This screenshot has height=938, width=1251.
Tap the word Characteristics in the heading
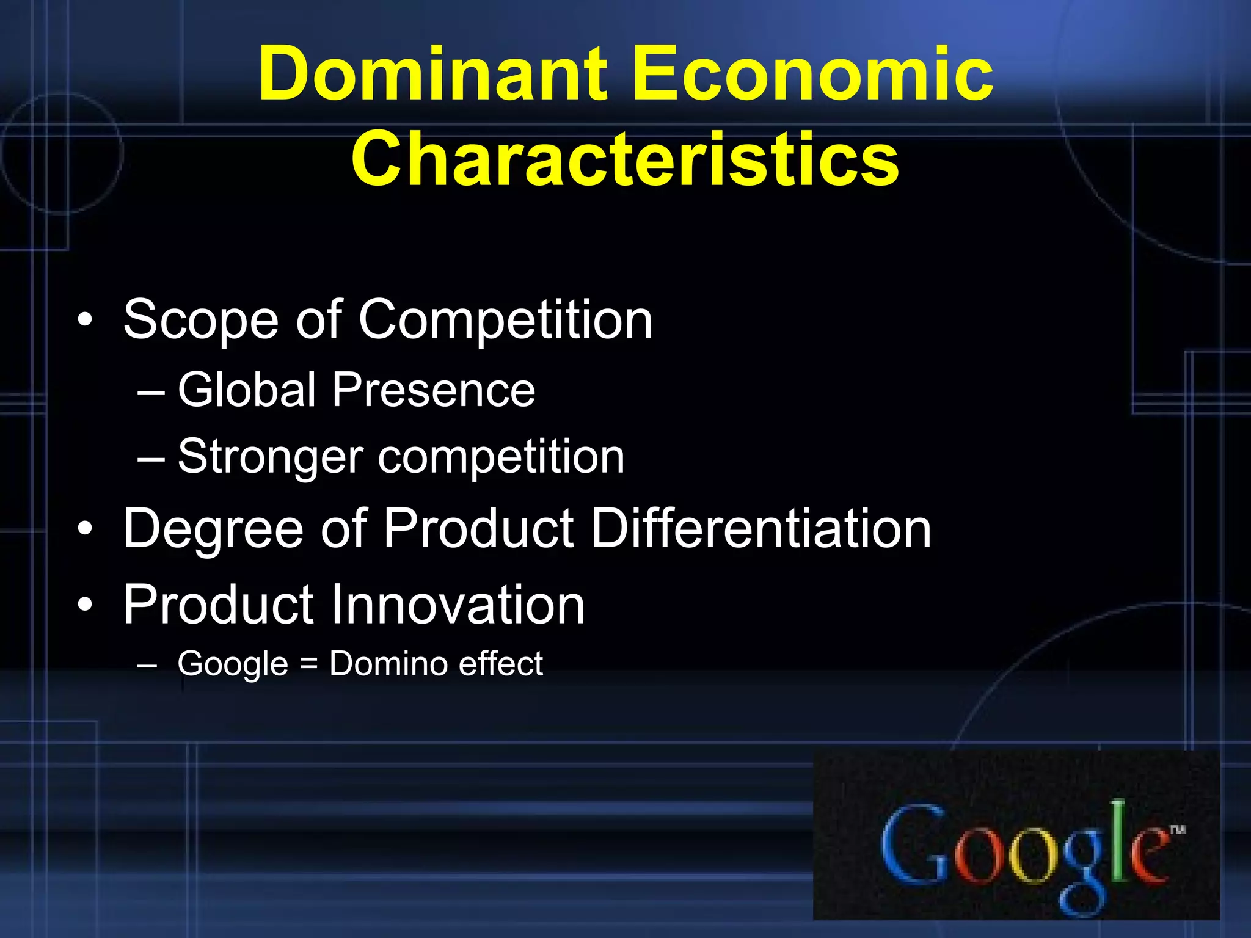pyautogui.click(x=625, y=159)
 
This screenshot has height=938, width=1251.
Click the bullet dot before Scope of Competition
pyautogui.click(x=86, y=320)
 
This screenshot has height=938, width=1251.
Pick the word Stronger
pyautogui.click(x=270, y=457)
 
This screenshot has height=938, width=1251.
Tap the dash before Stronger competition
pyautogui.click(x=150, y=458)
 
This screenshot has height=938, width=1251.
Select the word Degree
pyautogui.click(x=213, y=529)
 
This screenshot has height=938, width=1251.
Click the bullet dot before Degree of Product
pyautogui.click(x=86, y=529)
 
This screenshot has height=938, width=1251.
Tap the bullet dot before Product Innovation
pyautogui.click(x=86, y=605)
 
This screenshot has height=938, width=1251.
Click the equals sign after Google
pyautogui.click(x=309, y=664)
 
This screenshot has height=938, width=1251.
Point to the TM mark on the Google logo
pyautogui.click(x=1177, y=829)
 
